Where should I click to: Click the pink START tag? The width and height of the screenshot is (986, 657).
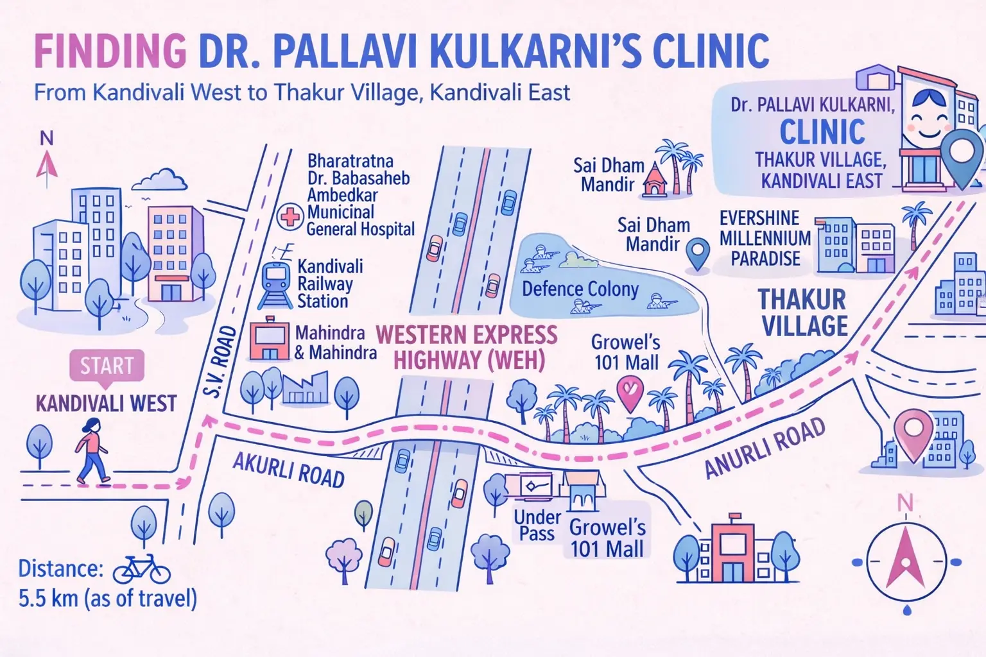pyautogui.click(x=107, y=366)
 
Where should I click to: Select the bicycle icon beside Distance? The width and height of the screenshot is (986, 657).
pyautogui.click(x=141, y=568)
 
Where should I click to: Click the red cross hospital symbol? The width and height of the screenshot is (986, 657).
pyautogui.click(x=290, y=216)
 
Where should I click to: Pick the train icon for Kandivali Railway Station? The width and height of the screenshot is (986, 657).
pyautogui.click(x=275, y=286)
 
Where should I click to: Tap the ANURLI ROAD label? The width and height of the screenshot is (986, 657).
pyautogui.click(x=764, y=448)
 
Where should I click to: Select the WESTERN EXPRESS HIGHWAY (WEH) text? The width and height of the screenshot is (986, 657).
pyautogui.click(x=467, y=348)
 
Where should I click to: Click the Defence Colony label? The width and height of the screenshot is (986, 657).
pyautogui.click(x=580, y=289)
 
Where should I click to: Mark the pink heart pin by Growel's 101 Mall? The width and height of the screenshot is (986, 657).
pyautogui.click(x=629, y=393)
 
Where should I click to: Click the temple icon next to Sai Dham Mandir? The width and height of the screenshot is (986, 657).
pyautogui.click(x=654, y=180)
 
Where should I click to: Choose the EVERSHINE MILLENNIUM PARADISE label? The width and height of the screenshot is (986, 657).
pyautogui.click(x=765, y=238)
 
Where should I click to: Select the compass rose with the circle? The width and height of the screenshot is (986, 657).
pyautogui.click(x=905, y=561)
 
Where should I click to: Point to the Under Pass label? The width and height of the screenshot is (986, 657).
pyautogui.click(x=537, y=525)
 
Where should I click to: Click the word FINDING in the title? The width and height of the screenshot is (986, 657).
pyautogui.click(x=110, y=51)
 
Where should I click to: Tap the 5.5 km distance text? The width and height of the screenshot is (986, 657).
pyautogui.click(x=107, y=599)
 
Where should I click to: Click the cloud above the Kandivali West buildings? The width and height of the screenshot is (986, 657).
pyautogui.click(x=163, y=179)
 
